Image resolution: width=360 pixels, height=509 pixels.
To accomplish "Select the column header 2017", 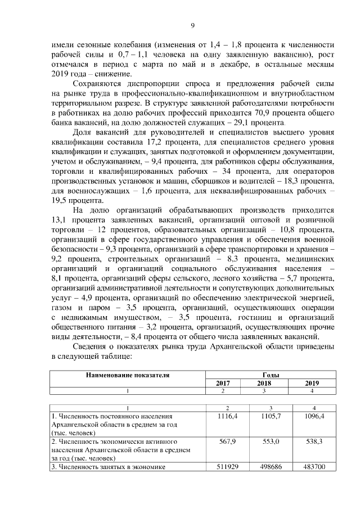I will (223, 383).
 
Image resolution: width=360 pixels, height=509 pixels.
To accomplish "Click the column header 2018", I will (263, 383).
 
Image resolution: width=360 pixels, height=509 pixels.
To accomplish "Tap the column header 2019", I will (312, 383).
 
